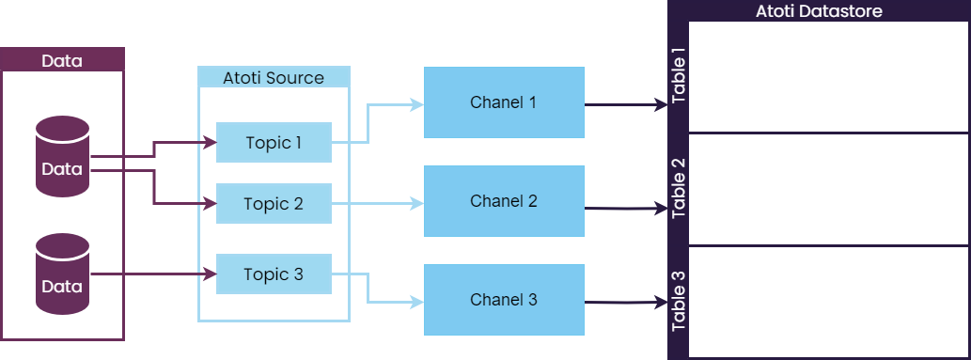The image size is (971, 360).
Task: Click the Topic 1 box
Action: point(274,143)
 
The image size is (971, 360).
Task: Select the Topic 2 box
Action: point(274,204)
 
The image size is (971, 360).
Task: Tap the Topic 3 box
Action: point(274,274)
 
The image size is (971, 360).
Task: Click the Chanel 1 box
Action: point(503,102)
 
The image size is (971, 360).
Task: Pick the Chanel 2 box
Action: point(503,200)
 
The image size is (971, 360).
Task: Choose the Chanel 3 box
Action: point(503,300)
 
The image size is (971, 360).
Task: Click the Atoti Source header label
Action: point(274,78)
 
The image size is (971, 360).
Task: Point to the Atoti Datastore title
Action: point(819,11)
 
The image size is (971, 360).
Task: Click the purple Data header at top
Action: point(62,61)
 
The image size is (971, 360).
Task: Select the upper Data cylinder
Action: point(62,158)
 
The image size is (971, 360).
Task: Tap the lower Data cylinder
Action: point(62,275)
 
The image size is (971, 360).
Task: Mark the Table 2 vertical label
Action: point(679,189)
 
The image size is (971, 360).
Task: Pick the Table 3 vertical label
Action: point(679,302)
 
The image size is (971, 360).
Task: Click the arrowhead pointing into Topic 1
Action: point(210,143)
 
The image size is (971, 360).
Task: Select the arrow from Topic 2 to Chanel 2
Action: point(376,203)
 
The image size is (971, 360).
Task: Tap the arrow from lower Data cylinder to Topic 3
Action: point(150,275)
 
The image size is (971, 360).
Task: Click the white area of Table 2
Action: point(827,189)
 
